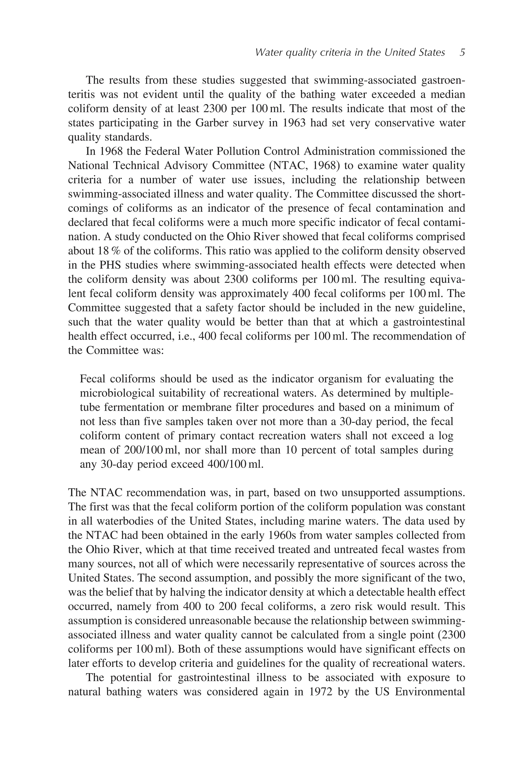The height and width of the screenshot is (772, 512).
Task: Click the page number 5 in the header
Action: click(462, 53)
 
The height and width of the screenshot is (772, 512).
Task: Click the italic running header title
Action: click(350, 53)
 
